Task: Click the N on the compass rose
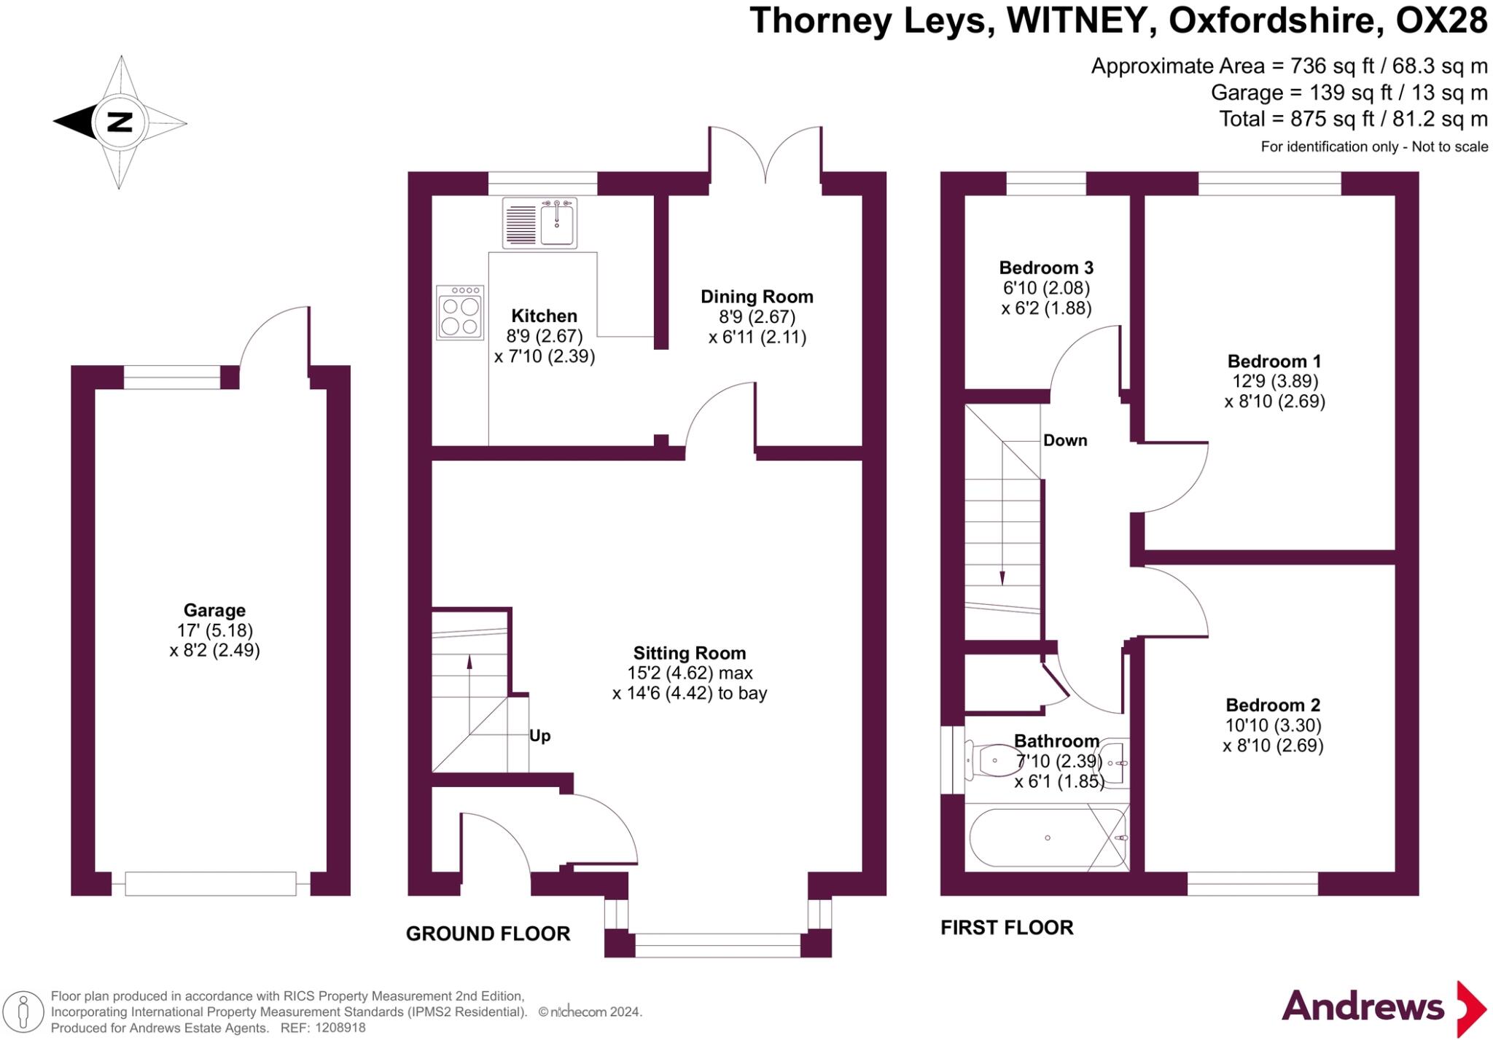(120, 122)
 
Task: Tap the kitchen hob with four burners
(460, 313)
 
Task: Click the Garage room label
(214, 610)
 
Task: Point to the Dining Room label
(757, 297)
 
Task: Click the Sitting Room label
(689, 653)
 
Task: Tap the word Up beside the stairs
(539, 735)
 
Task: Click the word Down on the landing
(1065, 440)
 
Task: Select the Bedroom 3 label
(1046, 267)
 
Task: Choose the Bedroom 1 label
(1274, 361)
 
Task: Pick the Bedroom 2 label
(1273, 705)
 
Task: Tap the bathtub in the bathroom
(1047, 838)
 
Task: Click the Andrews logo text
(1363, 1006)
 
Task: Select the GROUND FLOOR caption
(488, 934)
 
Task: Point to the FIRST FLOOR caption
(1007, 928)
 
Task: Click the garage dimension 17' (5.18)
(214, 630)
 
